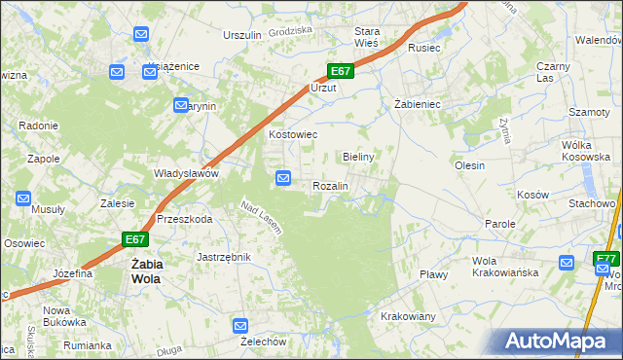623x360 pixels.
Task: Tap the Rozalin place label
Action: pos(330,185)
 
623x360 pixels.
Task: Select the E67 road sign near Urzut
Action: pos(339,72)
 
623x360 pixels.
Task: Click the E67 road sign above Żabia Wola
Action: pos(135,239)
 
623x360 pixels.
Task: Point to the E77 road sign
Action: pos(605,259)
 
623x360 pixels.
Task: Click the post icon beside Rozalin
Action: pos(283,178)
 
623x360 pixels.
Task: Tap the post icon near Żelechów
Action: pos(241,325)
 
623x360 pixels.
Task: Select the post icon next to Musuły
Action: pos(23,198)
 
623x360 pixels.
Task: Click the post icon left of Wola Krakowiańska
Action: pos(568,263)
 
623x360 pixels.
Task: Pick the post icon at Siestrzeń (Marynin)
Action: pos(181,105)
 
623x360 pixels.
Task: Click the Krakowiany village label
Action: pos(408,317)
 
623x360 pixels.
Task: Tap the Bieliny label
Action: pos(359,156)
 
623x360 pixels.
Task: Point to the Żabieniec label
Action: pos(419,103)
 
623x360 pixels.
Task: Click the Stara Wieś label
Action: pos(366,37)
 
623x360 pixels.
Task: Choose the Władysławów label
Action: pos(185,173)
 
